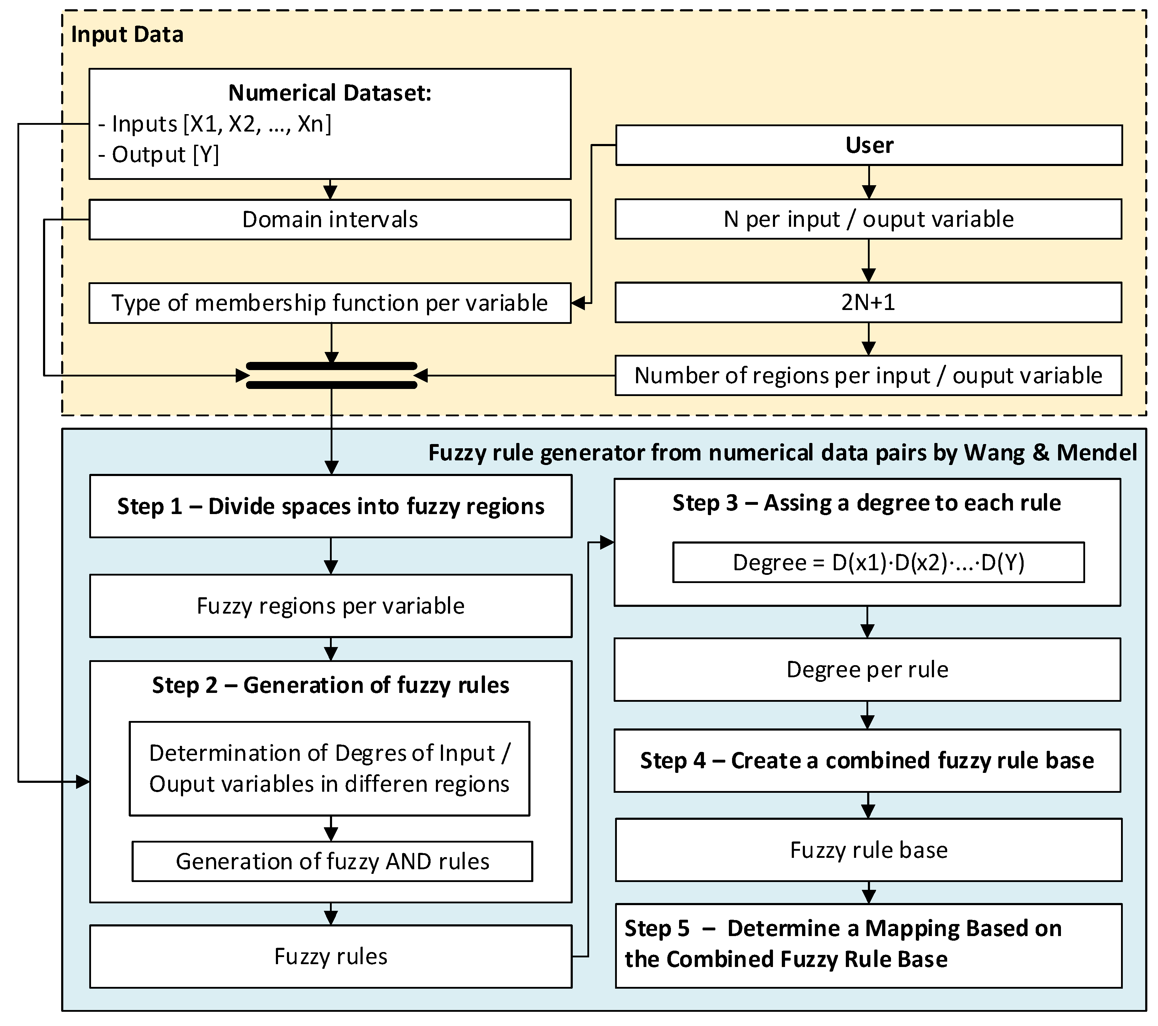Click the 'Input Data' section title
coord(127,34)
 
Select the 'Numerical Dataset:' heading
coord(330,93)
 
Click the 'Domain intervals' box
coord(330,220)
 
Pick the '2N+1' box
coord(868,303)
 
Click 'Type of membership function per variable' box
coord(330,303)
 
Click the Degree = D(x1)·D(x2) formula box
coord(878,562)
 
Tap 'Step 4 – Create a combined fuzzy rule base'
coord(867,761)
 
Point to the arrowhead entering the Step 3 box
coord(607,543)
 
